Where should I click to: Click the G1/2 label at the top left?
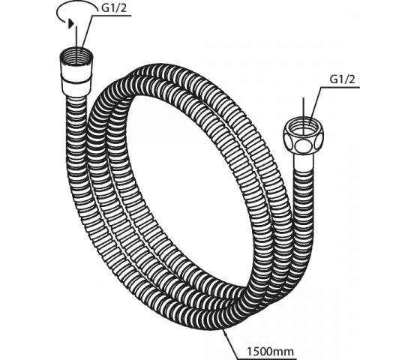click(114, 8)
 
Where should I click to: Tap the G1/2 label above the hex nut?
click(342, 79)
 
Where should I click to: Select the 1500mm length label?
click(271, 352)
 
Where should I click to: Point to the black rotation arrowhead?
click(70, 23)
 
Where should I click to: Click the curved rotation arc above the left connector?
click(74, 8)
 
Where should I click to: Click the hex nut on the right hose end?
click(303, 136)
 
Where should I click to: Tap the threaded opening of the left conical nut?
click(76, 55)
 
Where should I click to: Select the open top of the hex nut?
click(303, 124)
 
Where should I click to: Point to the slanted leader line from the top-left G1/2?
click(86, 32)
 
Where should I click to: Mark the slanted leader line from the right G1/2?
click(316, 103)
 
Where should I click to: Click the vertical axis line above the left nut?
click(76, 38)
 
